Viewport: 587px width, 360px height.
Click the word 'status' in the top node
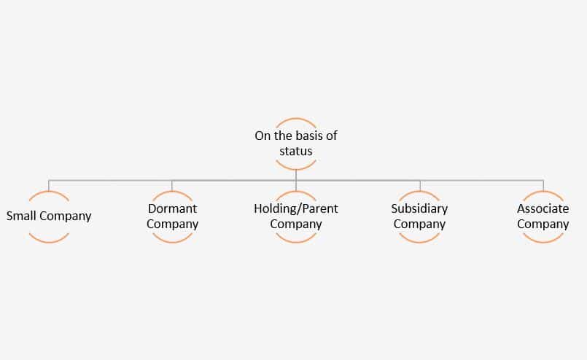[296, 151]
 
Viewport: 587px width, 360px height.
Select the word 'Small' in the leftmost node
[21, 216]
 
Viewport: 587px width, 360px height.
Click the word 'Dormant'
[172, 208]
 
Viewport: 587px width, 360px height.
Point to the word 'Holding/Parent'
[296, 208]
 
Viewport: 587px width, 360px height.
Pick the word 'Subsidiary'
[419, 208]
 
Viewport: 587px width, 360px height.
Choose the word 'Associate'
[543, 208]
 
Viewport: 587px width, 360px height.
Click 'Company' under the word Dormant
[172, 224]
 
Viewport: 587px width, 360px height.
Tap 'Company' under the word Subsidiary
[419, 224]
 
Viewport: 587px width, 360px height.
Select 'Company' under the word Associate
[543, 224]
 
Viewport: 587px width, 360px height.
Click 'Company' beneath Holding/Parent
[296, 224]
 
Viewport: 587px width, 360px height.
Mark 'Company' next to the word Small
[65, 216]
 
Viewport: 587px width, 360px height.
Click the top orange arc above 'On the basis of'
[296, 119]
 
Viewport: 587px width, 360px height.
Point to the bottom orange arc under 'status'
[296, 169]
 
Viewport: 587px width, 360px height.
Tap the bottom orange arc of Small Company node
[49, 242]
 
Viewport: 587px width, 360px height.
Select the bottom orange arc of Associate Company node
[543, 242]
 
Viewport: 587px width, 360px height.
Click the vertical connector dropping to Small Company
[49, 186]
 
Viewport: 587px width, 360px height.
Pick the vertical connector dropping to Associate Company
[543, 186]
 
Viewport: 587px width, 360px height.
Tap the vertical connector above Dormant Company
[172, 186]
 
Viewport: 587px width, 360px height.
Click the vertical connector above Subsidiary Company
[420, 186]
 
